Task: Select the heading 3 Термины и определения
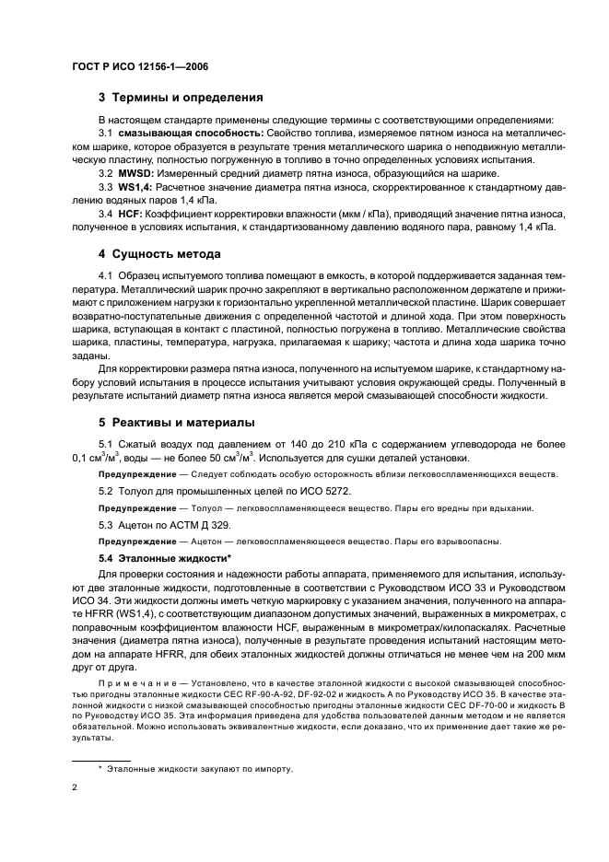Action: point(182,97)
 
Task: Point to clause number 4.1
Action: point(105,276)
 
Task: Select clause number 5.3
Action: point(105,524)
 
